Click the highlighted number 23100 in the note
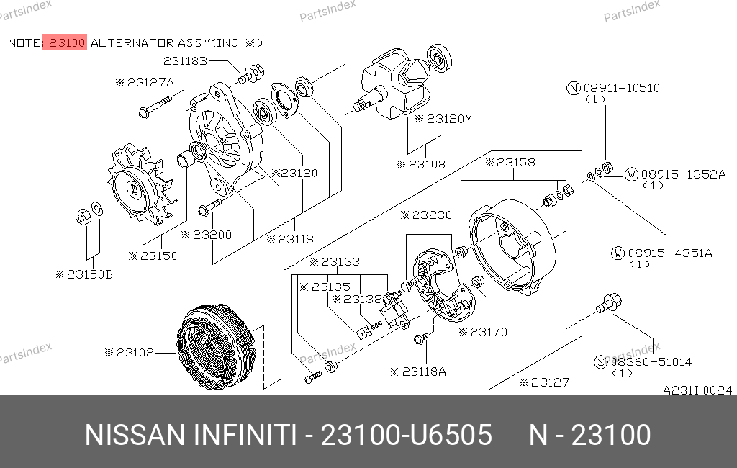click(66, 42)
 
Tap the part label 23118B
click(185, 60)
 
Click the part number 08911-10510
click(621, 88)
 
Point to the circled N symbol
click(574, 88)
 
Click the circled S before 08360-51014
click(601, 362)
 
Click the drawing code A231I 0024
click(697, 390)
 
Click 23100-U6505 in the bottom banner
click(406, 435)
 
